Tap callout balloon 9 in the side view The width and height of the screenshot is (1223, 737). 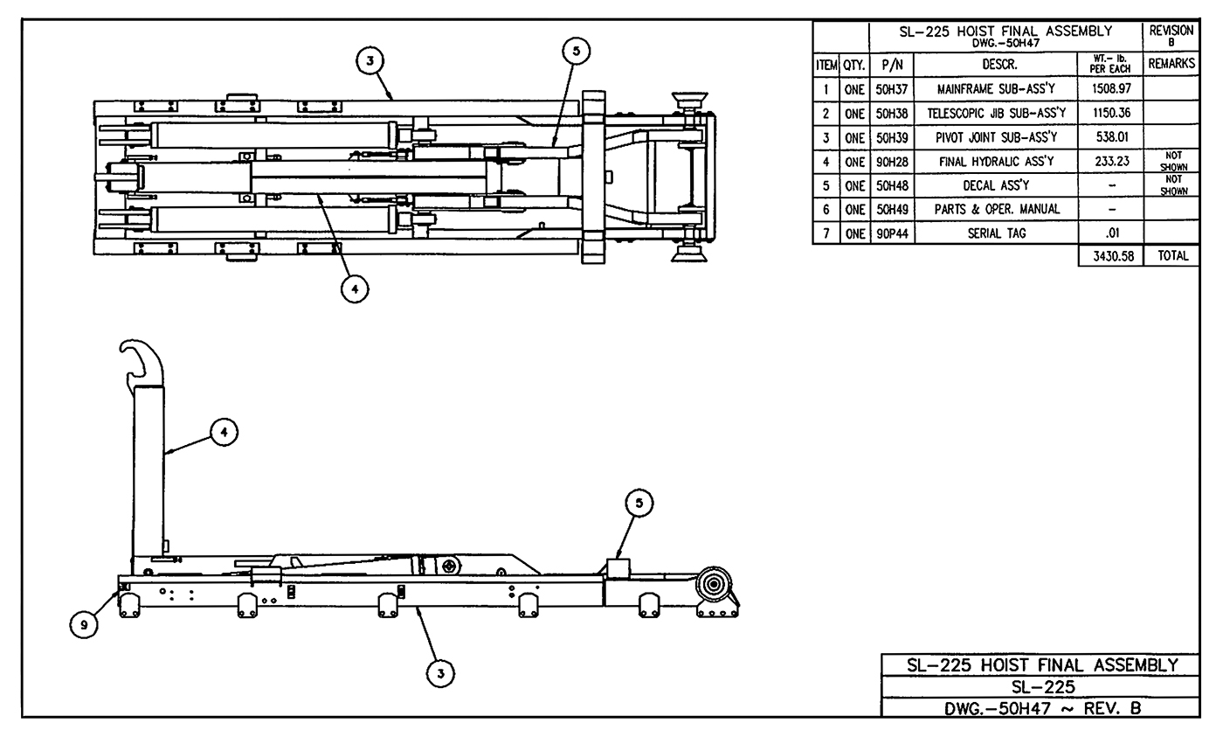[83, 624]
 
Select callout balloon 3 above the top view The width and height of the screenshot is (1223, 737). [370, 60]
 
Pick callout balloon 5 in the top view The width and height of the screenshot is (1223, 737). [576, 52]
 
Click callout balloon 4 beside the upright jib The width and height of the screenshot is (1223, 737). [225, 431]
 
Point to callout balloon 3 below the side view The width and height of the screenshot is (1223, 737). [441, 672]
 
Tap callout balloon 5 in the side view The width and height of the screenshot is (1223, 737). [639, 503]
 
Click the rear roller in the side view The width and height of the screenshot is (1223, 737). [715, 586]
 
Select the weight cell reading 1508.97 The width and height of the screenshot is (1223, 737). [1110, 89]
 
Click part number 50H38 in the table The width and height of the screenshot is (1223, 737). [892, 114]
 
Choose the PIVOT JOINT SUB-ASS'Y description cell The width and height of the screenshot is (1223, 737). [996, 138]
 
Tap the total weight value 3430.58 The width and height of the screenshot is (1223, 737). [1110, 256]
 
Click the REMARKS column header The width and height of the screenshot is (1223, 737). [1171, 65]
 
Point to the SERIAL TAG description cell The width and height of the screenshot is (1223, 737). [996, 233]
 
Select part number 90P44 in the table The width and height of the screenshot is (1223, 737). [892, 233]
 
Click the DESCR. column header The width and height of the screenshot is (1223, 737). [996, 65]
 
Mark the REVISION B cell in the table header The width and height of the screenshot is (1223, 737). [1171, 36]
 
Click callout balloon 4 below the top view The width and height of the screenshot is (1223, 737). [355, 289]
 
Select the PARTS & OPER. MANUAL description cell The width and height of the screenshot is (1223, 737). [996, 210]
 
